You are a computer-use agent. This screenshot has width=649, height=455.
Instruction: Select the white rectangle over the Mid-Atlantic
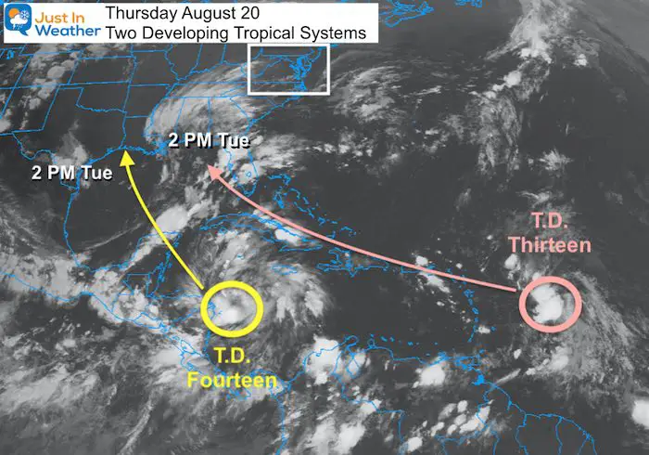[288, 67]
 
